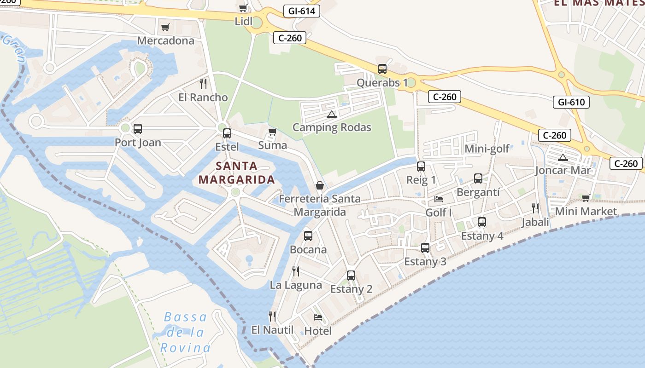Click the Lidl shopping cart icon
click(243, 8)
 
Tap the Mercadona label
click(166, 40)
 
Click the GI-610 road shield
click(571, 102)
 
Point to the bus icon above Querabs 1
click(382, 69)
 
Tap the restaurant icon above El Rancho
click(203, 84)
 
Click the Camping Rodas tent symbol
click(331, 114)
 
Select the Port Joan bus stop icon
click(137, 129)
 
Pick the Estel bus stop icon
click(227, 133)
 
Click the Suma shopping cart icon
click(273, 132)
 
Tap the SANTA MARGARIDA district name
click(237, 172)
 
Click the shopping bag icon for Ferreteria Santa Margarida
click(320, 185)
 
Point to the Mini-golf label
click(487, 149)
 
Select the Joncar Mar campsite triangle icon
click(563, 158)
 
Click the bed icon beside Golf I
click(439, 199)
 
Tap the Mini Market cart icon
click(586, 198)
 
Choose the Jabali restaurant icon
click(535, 208)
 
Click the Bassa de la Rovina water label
click(186, 332)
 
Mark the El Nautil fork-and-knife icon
click(272, 316)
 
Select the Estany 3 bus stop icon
click(425, 248)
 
